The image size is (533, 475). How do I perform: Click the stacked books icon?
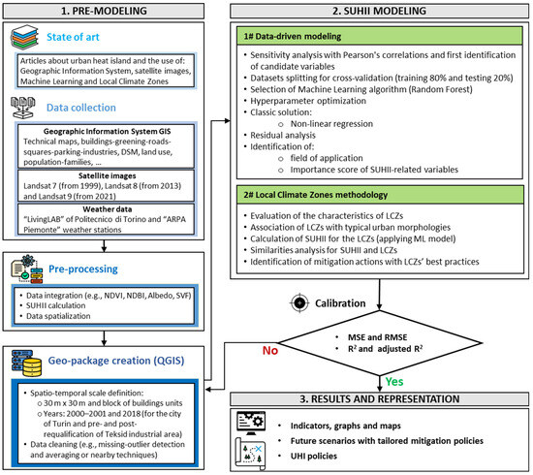click(x=31, y=40)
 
